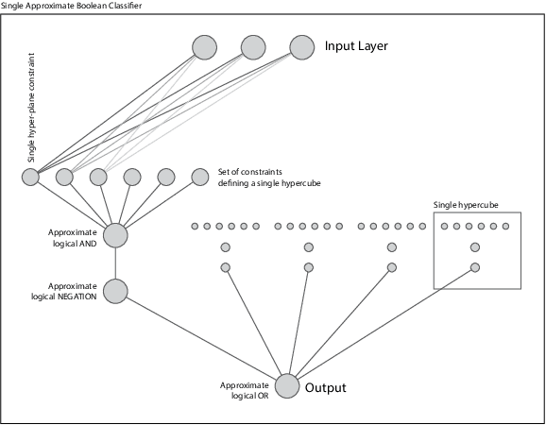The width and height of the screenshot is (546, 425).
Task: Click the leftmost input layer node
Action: click(204, 46)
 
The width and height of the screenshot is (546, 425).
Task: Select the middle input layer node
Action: click(253, 46)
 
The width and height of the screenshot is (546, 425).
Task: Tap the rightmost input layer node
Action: click(301, 46)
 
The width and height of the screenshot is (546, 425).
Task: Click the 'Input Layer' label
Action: click(356, 46)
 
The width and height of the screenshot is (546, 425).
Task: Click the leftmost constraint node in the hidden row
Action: click(30, 177)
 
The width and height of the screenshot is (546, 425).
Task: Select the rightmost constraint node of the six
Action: click(199, 177)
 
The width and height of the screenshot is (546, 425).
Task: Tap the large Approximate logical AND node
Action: click(115, 235)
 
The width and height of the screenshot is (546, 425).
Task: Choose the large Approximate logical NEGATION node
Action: click(115, 291)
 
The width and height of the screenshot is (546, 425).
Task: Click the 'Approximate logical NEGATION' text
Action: click(72, 291)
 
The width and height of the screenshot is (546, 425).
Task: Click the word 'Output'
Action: click(326, 387)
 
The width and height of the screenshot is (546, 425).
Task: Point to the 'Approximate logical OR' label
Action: click(245, 390)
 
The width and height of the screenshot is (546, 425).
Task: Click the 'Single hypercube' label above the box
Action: click(466, 204)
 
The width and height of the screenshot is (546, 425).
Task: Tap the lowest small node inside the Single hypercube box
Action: click(475, 267)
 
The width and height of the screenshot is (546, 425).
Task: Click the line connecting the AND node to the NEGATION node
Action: click(115, 263)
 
